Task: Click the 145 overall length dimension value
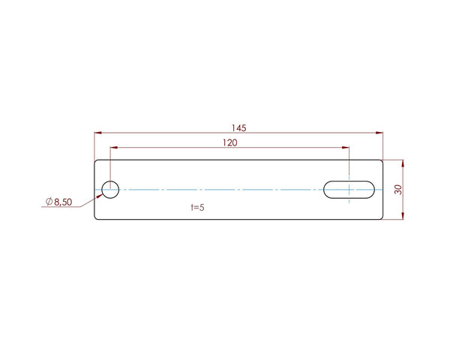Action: [x=239, y=127]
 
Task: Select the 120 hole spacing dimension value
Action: [x=230, y=142]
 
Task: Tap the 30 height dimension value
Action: [x=398, y=189]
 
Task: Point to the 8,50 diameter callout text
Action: [x=63, y=202]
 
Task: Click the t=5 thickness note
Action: [x=197, y=207]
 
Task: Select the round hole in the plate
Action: [x=110, y=189]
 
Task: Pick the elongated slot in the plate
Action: [x=350, y=189]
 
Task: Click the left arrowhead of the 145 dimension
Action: [x=97, y=133]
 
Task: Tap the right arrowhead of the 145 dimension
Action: [x=379, y=133]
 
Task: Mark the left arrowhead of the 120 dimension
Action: [x=114, y=148]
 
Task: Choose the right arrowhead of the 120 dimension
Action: [x=346, y=148]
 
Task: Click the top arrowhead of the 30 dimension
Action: [x=403, y=163]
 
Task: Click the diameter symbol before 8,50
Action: [x=48, y=202]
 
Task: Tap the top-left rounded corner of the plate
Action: [x=96, y=161]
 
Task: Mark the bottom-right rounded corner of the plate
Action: [x=380, y=217]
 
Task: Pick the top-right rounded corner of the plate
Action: [x=380, y=161]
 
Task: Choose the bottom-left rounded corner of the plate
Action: [x=96, y=217]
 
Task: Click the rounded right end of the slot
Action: [x=374, y=189]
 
